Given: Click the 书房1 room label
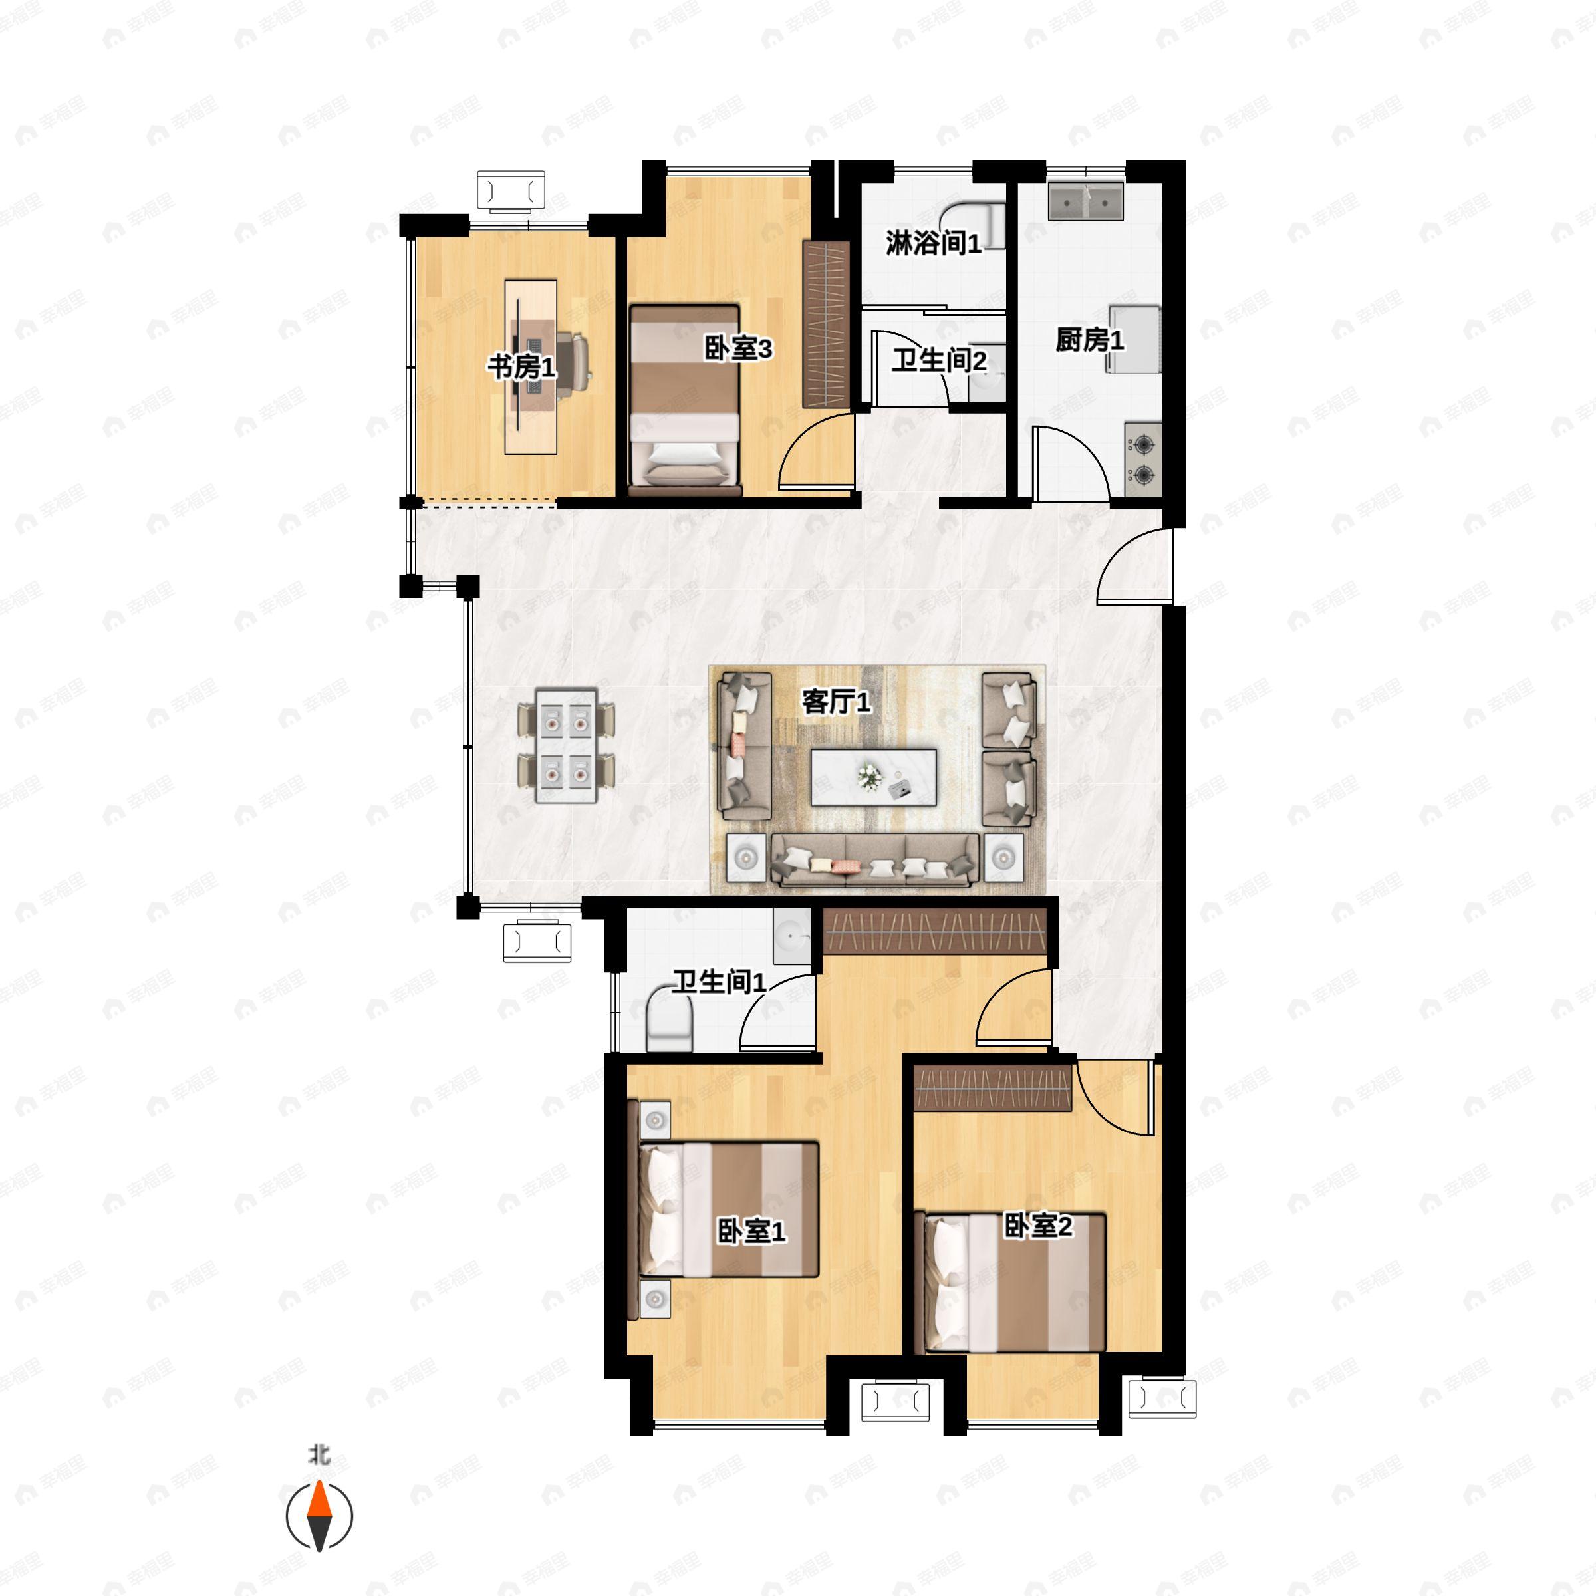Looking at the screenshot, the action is click(521, 367).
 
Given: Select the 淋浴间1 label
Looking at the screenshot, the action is click(934, 243).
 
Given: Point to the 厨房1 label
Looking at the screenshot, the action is click(1090, 340).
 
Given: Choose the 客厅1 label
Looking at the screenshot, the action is click(836, 702).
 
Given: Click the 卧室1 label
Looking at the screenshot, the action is click(751, 1232).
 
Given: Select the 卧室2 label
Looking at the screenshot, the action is click(1037, 1226).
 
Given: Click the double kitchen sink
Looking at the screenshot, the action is click(1085, 201).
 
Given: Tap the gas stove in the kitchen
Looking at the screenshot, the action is click(1143, 460).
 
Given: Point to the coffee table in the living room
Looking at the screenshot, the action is click(873, 777).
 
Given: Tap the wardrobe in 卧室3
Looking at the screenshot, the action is click(826, 325).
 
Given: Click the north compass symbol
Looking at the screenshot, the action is click(320, 1517).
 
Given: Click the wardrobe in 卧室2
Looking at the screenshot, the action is click(994, 1087).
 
